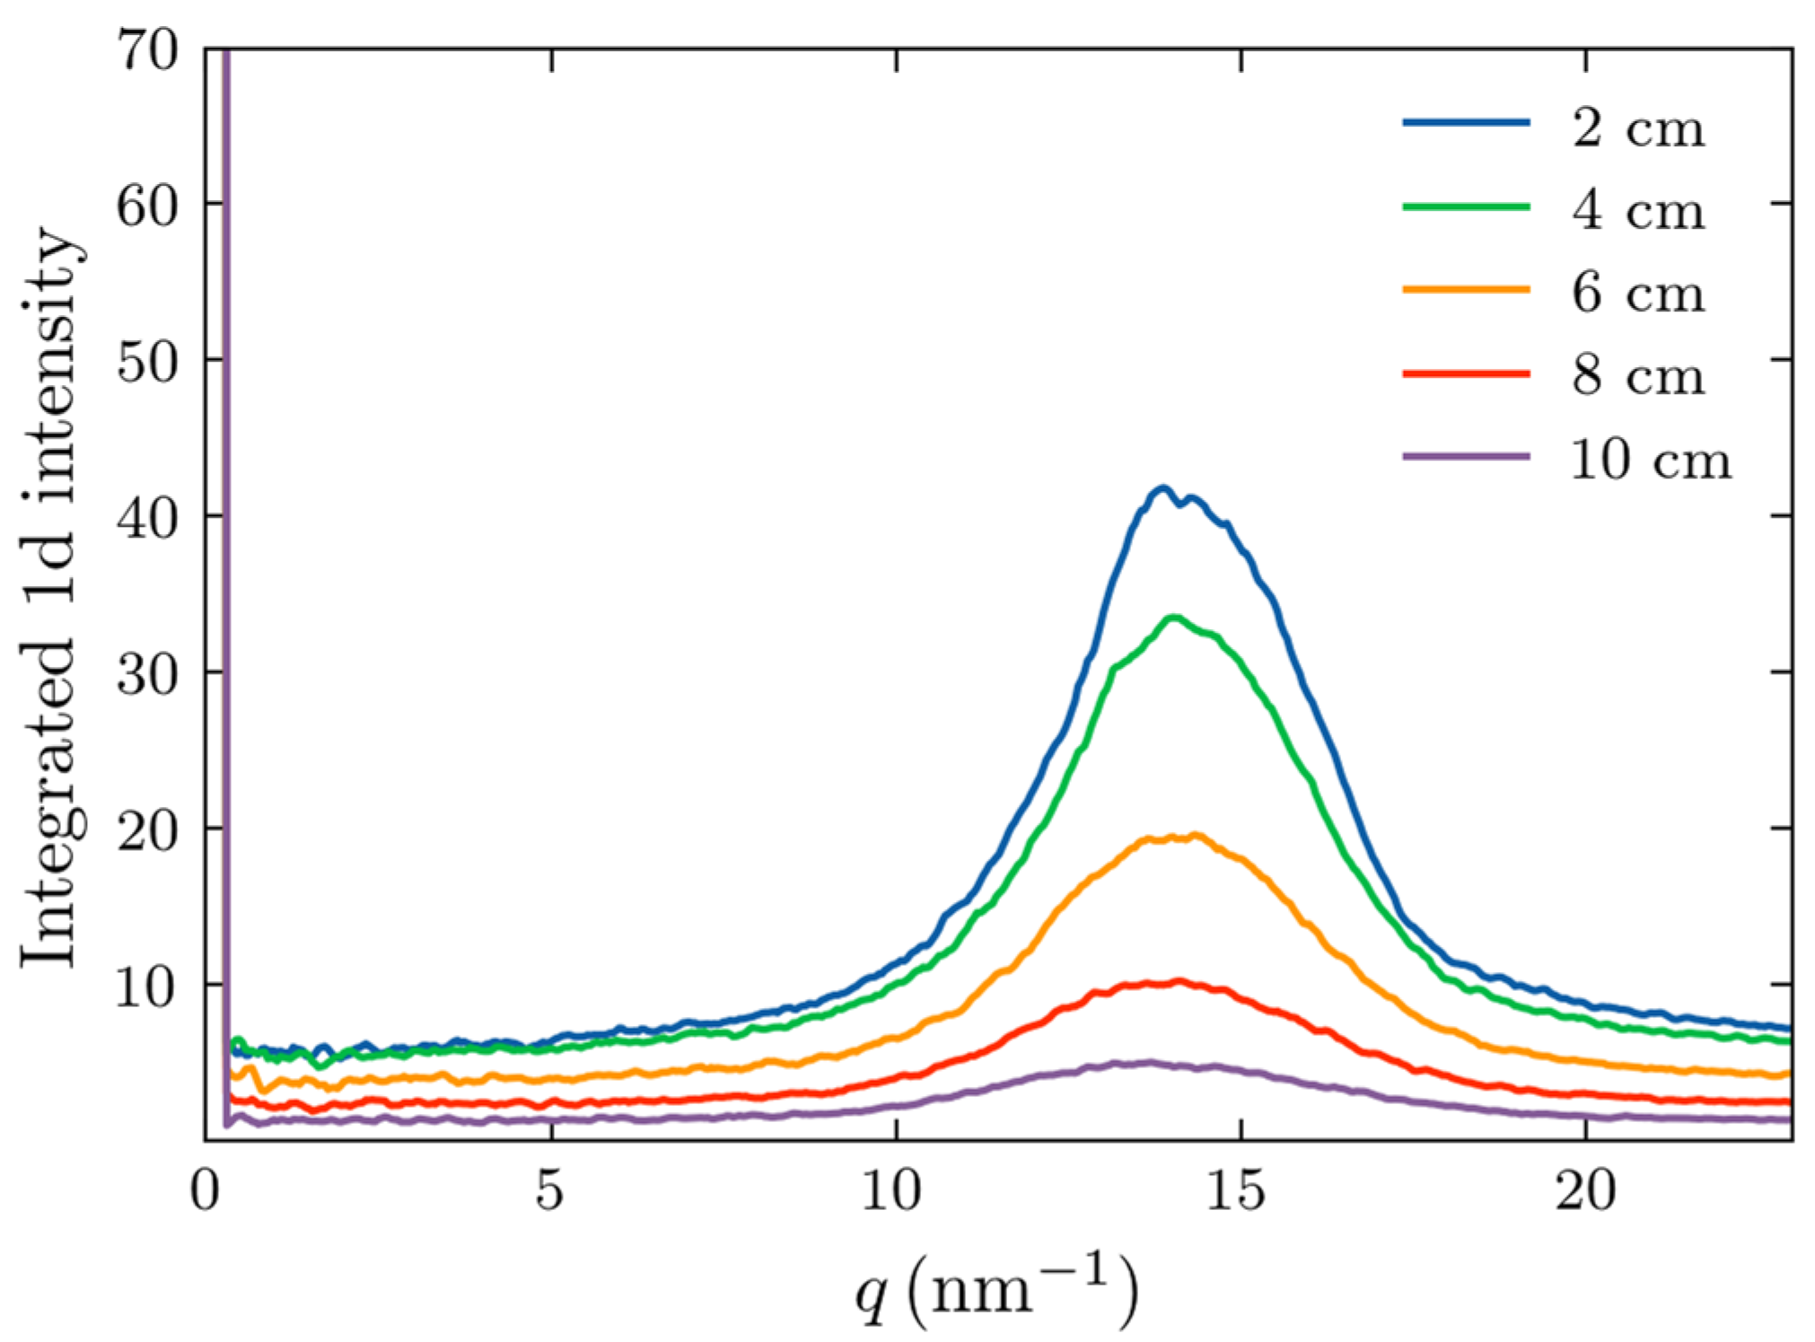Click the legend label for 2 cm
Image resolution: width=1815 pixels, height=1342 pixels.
click(x=1637, y=128)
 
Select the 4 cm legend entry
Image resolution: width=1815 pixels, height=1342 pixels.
click(x=1637, y=211)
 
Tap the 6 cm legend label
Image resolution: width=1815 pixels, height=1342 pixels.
click(x=1637, y=294)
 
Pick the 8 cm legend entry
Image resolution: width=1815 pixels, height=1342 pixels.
click(x=1637, y=376)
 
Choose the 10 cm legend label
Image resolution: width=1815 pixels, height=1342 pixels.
click(x=1650, y=460)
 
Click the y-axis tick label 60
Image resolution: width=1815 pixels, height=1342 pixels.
click(x=148, y=206)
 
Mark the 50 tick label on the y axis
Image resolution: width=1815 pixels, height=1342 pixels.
click(x=148, y=363)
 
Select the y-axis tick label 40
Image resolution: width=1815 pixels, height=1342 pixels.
click(x=148, y=519)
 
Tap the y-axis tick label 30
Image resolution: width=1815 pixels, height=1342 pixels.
click(x=148, y=675)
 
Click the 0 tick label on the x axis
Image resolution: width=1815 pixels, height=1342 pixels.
click(x=206, y=1191)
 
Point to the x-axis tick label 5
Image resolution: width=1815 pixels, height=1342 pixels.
click(x=550, y=1191)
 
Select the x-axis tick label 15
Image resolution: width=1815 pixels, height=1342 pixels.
click(x=1241, y=1191)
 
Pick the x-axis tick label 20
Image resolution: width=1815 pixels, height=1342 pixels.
click(x=1585, y=1191)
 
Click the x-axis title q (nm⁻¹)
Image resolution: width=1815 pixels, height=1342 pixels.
click(x=996, y=1289)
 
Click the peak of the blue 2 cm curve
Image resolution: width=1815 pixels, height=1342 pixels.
click(x=1163, y=487)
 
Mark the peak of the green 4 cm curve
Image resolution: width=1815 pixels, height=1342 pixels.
click(x=1173, y=617)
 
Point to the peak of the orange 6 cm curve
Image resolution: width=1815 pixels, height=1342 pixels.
click(x=1195, y=835)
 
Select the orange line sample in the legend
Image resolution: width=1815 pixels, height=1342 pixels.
click(x=1466, y=289)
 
